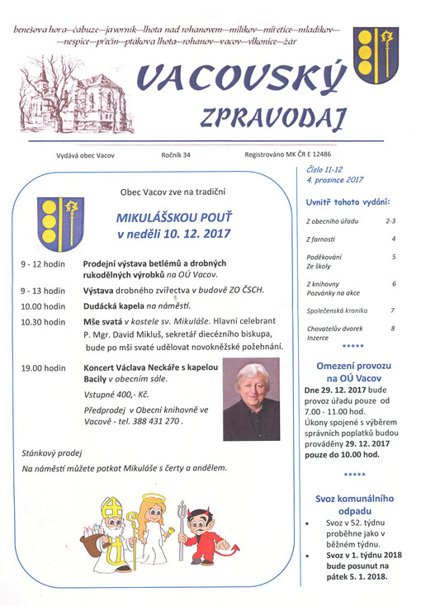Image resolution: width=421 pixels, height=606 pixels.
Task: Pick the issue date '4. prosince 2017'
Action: click(x=335, y=178)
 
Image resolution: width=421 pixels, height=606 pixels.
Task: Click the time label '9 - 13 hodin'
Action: click(x=44, y=291)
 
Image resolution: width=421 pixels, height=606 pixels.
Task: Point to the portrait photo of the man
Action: click(x=251, y=399)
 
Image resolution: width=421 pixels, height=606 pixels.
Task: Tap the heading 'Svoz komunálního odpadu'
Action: click(x=354, y=504)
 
